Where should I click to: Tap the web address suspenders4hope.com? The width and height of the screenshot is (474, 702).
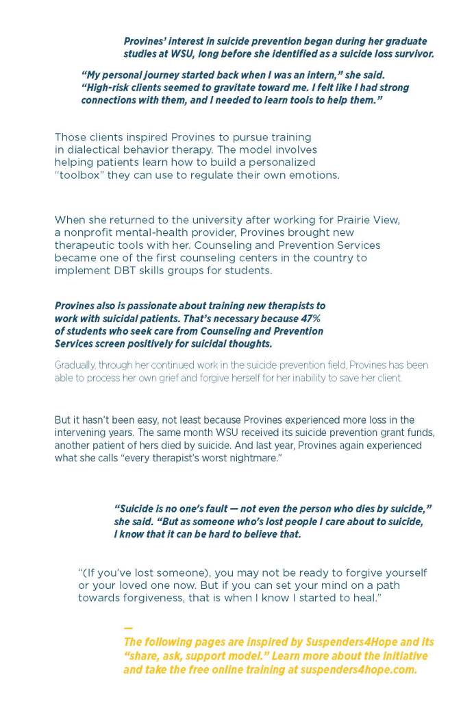[x=358, y=670]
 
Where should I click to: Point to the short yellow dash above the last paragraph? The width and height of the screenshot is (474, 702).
[x=127, y=628]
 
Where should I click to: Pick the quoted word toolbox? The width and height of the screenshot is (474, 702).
[x=79, y=175]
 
